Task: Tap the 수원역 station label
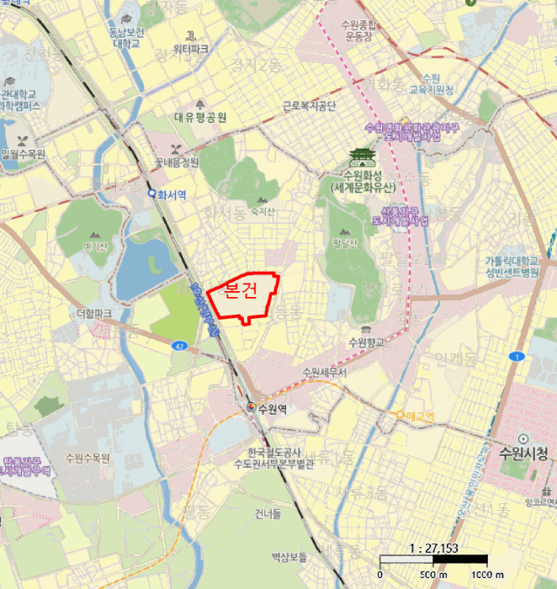273,410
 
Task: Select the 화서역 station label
172,193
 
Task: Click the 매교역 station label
419,416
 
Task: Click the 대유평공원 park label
200,118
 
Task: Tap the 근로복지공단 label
309,106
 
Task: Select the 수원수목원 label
88,458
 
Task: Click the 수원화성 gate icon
360,157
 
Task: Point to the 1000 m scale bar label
487,575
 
